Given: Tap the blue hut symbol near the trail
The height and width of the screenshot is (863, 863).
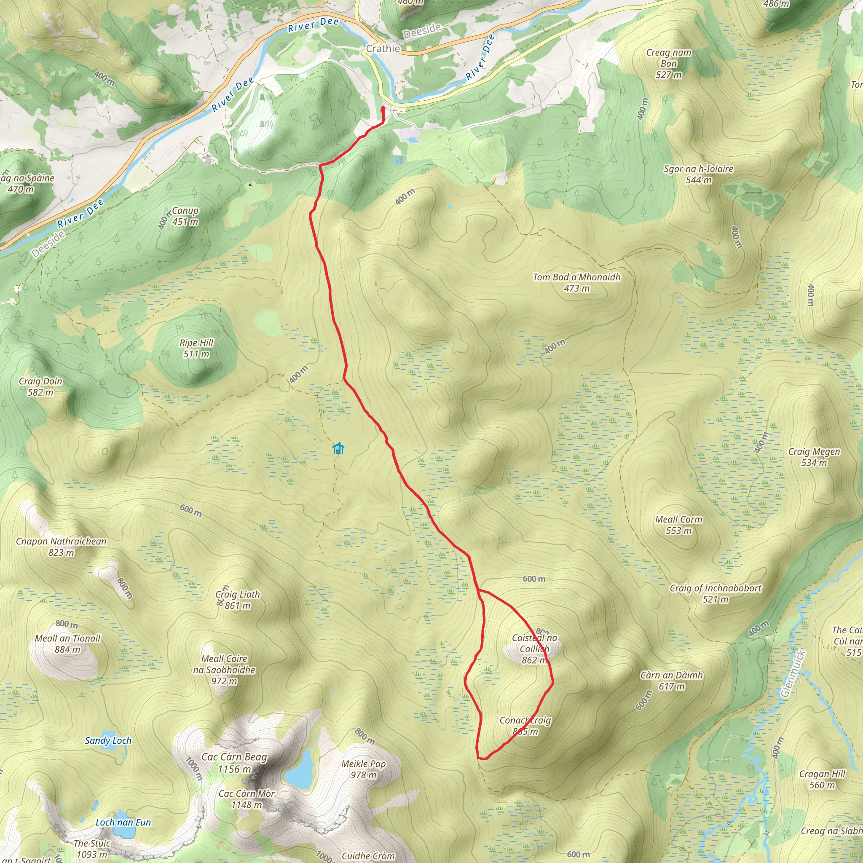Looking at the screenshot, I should click(x=338, y=448).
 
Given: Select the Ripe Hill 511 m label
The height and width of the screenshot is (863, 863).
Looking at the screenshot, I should click(x=196, y=348).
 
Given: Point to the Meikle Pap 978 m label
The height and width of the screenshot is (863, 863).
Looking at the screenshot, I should click(x=363, y=769).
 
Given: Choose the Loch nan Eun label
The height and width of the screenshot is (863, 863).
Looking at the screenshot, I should click(x=123, y=823).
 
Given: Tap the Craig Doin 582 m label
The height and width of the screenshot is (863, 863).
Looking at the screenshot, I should click(x=40, y=387).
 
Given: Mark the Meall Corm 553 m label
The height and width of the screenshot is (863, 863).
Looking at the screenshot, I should click(x=678, y=525).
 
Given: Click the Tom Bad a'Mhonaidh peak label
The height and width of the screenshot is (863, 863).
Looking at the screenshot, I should click(x=577, y=283).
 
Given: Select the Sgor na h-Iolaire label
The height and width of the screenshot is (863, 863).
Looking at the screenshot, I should click(x=698, y=174).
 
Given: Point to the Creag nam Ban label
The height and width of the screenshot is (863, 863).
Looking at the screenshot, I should click(x=669, y=64).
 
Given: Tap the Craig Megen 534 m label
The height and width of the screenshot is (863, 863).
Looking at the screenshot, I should click(x=814, y=457).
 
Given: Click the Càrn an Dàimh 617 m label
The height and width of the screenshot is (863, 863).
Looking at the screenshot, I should click(x=671, y=680).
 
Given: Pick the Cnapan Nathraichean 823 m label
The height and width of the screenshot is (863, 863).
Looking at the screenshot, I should click(x=61, y=547).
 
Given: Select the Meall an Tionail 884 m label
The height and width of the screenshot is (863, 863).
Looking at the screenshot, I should click(x=67, y=644).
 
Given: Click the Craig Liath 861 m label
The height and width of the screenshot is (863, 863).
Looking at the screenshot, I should click(x=237, y=600).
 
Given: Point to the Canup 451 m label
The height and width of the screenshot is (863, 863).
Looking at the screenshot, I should click(x=185, y=216).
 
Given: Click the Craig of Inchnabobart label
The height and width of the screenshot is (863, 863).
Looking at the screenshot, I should click(x=715, y=594).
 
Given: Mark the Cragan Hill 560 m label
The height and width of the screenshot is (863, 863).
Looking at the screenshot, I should click(x=822, y=780).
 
